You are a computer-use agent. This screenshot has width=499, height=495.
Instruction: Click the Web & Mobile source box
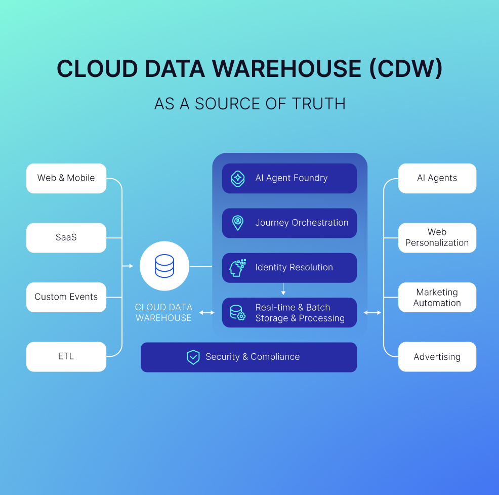pyautogui.click(x=66, y=178)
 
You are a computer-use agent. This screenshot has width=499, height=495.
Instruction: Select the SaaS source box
pyautogui.click(x=66, y=237)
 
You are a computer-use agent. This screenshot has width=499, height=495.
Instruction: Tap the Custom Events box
pyautogui.click(x=66, y=297)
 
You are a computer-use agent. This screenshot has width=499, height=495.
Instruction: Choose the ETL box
pyautogui.click(x=66, y=356)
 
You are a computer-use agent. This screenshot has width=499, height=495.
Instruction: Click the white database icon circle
pyautogui.click(x=164, y=266)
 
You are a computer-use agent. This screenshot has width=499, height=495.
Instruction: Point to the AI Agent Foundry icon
pyautogui.click(x=238, y=178)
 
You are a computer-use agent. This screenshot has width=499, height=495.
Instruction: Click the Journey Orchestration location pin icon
pyautogui.click(x=237, y=223)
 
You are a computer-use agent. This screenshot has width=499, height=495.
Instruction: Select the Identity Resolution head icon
pyautogui.click(x=237, y=267)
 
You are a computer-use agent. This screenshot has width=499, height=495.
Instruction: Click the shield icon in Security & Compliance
pyautogui.click(x=193, y=357)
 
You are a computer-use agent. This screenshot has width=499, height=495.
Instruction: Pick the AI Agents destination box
pyautogui.click(x=437, y=178)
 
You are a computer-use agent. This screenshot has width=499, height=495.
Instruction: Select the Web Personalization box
pyautogui.click(x=437, y=237)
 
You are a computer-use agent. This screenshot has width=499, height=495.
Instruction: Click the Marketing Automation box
pyautogui.click(x=437, y=297)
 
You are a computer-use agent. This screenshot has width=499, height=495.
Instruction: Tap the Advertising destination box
pyautogui.click(x=437, y=357)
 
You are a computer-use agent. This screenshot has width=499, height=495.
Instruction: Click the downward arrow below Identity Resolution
pyautogui.click(x=283, y=290)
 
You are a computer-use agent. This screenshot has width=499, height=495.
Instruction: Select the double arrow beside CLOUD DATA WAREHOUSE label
pyautogui.click(x=206, y=313)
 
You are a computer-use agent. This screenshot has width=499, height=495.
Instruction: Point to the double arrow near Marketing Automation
pyautogui.click(x=372, y=313)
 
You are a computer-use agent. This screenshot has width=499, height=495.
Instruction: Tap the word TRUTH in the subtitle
pyautogui.click(x=319, y=104)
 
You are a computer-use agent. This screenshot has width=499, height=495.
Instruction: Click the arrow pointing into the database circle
pyautogui.click(x=129, y=266)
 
